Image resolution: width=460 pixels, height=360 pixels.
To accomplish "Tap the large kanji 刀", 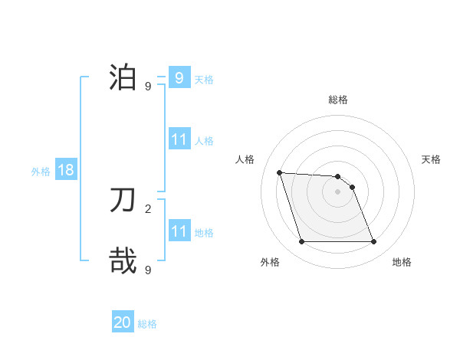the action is point(123,201).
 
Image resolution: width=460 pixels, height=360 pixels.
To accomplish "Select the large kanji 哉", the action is point(123,260).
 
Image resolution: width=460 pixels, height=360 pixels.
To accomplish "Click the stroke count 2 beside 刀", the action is point(148,208).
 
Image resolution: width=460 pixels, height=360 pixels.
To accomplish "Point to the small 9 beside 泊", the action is point(148,86).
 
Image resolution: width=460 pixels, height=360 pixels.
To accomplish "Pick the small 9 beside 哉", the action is point(148,270).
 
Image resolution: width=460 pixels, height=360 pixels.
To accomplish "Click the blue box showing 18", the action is point(66,170).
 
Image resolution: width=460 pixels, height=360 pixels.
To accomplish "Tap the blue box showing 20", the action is point(123,322).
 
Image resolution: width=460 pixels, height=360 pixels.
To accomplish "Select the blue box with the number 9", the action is point(179,77).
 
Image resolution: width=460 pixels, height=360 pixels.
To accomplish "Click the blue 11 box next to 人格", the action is point(179,139).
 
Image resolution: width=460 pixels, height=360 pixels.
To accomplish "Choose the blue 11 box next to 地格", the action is point(179,231).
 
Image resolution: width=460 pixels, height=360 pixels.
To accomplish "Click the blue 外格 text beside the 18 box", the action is point(41,171).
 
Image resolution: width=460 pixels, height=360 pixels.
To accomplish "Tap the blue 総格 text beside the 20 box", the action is point(148,323).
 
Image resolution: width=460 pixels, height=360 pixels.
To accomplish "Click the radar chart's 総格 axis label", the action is point(338,100).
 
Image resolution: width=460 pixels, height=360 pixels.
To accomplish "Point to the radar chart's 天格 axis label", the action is point(431,159).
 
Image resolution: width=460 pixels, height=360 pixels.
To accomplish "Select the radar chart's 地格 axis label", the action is point(402,262).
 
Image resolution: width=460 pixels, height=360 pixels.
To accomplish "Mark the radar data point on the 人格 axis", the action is point(280,172).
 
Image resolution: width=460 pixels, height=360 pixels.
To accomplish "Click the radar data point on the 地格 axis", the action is point(373,242).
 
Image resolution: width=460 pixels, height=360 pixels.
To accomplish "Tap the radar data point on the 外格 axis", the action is point(301,242).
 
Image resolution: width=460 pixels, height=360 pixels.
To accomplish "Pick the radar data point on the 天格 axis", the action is point(352,187).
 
